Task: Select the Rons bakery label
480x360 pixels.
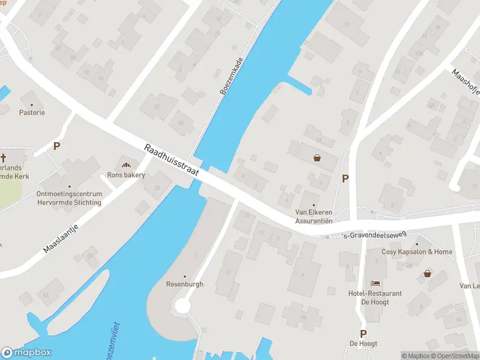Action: (126, 175)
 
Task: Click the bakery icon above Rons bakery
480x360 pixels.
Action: (126, 165)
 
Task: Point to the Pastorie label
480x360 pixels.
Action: (32, 112)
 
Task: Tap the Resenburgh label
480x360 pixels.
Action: (185, 284)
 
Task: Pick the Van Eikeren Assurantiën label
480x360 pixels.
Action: (314, 216)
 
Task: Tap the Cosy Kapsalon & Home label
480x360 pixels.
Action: (417, 252)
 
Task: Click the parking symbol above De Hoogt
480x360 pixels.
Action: (363, 334)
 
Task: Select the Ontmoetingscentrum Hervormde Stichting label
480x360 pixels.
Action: (69, 199)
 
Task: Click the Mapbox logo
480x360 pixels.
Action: (26, 353)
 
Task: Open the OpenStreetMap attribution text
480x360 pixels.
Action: (457, 356)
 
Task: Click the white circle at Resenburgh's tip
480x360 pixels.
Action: (182, 306)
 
